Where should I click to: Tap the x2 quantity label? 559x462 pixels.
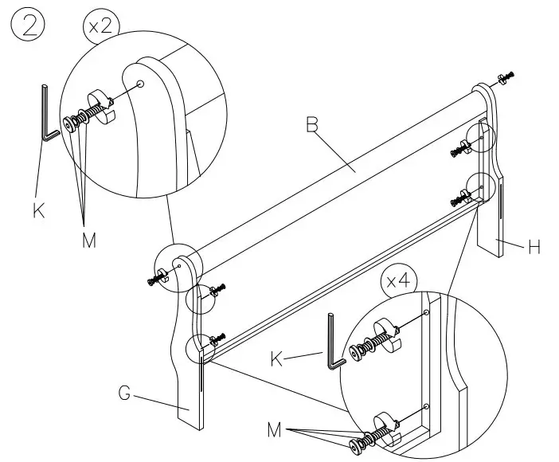click(101, 26)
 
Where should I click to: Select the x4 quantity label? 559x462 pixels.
click(398, 281)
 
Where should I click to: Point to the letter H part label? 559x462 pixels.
click(535, 248)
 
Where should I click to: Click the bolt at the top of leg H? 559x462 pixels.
click(504, 77)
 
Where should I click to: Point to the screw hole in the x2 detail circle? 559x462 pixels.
click(140, 84)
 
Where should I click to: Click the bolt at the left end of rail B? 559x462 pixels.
click(156, 279)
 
